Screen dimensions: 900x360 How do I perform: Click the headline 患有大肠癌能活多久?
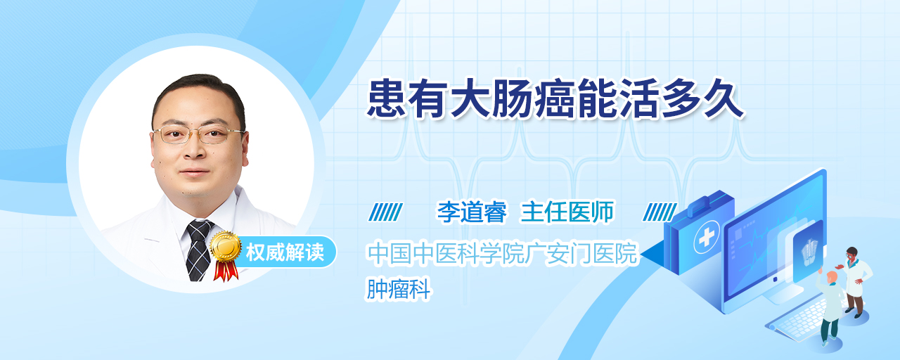pyautogui.click(x=555, y=99)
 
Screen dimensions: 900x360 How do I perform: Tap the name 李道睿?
pyautogui.click(x=472, y=212)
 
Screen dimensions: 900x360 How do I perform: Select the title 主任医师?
pyautogui.click(x=567, y=212)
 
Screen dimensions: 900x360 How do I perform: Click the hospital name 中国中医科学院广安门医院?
pyautogui.click(x=503, y=253)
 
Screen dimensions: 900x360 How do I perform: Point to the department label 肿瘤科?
pyautogui.click(x=399, y=289)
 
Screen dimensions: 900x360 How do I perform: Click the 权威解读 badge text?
pyautogui.click(x=285, y=252)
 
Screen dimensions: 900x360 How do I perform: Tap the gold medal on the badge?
pyautogui.click(x=226, y=246)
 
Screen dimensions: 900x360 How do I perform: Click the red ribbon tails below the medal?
pyautogui.click(x=226, y=271)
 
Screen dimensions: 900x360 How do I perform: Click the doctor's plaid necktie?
pyautogui.click(x=199, y=250)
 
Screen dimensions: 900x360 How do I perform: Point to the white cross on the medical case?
pyautogui.click(x=707, y=237)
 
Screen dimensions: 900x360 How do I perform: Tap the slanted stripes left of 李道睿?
pyautogui.click(x=385, y=212)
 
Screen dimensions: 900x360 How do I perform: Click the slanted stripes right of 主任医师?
pyautogui.click(x=660, y=212)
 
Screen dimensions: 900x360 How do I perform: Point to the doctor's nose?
pyautogui.click(x=195, y=149)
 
